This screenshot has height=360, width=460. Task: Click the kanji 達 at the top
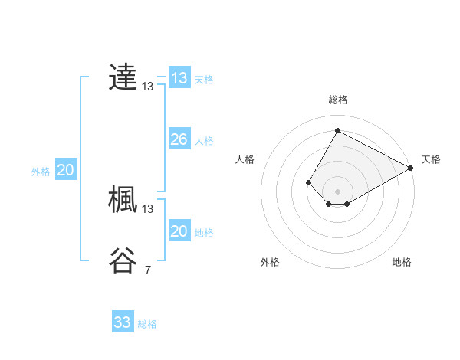(x=123, y=77)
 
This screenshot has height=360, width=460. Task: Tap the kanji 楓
(x=123, y=199)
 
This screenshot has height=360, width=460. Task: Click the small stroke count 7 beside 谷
(x=148, y=270)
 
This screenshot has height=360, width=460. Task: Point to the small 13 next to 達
(x=148, y=87)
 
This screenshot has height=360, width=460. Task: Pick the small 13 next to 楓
(x=148, y=208)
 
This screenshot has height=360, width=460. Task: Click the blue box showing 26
(x=179, y=139)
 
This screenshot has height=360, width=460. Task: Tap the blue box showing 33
(x=123, y=322)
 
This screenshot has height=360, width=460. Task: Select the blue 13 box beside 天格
(x=179, y=78)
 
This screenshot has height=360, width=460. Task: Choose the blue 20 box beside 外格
(x=65, y=170)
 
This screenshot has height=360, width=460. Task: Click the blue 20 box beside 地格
(x=179, y=231)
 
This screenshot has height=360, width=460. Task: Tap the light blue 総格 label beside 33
(x=147, y=324)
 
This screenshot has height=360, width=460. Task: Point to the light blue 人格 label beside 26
(x=204, y=141)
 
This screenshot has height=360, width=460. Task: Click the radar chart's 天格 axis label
(x=431, y=159)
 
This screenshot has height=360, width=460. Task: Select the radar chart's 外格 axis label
(x=270, y=262)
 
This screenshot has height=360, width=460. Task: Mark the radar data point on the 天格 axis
(x=411, y=168)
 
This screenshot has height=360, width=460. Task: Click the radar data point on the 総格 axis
(x=337, y=130)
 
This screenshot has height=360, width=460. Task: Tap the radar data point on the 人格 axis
(x=308, y=182)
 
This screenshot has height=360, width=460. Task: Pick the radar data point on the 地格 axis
(x=347, y=204)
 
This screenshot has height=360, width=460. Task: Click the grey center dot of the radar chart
(x=337, y=191)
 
